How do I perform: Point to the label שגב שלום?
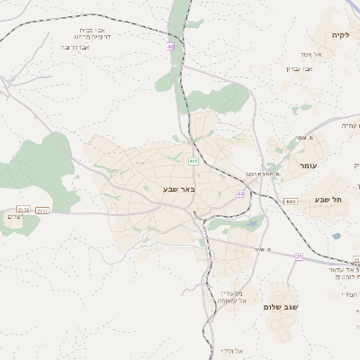coord(280,307)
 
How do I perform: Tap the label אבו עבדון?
coord(299,68)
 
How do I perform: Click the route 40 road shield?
coord(169,47)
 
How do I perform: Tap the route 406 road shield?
coord(193,161)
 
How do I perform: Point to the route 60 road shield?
coord(240,193)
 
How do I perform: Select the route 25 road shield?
coord(299,256)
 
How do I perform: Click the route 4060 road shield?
coord(289,202)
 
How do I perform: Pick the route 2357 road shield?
coord(41,210)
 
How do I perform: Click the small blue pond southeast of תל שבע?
coord(337,237)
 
